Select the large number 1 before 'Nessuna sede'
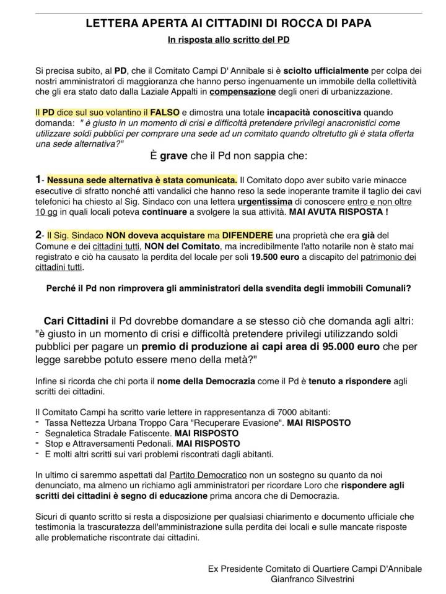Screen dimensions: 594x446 [39, 179]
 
